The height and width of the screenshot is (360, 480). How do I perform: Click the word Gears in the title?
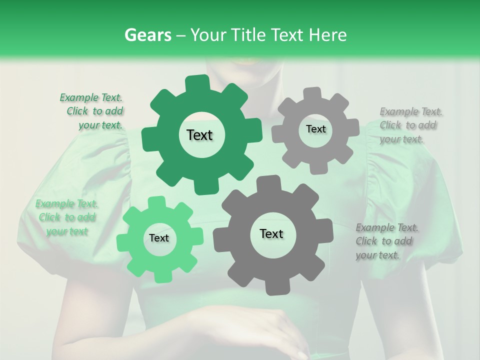tap(146, 35)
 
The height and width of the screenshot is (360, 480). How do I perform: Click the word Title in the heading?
tap(248, 35)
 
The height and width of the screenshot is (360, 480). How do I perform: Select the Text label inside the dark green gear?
tap(199, 135)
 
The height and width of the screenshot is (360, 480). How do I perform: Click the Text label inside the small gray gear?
tap(315, 129)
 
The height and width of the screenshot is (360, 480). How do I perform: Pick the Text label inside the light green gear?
tap(159, 238)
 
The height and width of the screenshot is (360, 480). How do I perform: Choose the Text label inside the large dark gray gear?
tap(271, 233)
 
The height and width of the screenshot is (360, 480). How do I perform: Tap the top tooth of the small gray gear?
tap(312, 94)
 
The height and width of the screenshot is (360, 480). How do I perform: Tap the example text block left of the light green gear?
tap(66, 217)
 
